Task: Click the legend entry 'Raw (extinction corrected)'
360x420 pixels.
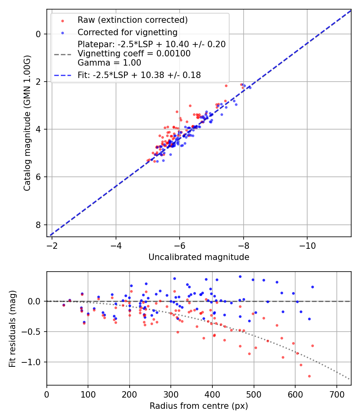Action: tap(132, 20)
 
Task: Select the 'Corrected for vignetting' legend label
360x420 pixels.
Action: tap(128, 32)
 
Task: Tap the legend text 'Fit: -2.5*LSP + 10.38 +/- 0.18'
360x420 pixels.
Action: tap(139, 75)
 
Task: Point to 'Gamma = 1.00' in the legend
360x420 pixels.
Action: tap(109, 63)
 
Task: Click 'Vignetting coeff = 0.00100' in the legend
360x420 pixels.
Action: tap(134, 54)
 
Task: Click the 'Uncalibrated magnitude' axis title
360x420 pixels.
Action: tap(199, 257)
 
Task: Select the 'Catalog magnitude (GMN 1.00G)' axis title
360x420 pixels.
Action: tap(27, 123)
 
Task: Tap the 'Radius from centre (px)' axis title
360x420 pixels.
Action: tap(199, 406)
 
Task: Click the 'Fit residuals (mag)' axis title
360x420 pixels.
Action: tap(12, 328)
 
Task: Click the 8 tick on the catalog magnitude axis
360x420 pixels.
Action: tap(39, 225)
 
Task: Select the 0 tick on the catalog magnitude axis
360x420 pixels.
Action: tap(39, 34)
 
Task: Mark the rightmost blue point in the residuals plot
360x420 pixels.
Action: tap(312, 287)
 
